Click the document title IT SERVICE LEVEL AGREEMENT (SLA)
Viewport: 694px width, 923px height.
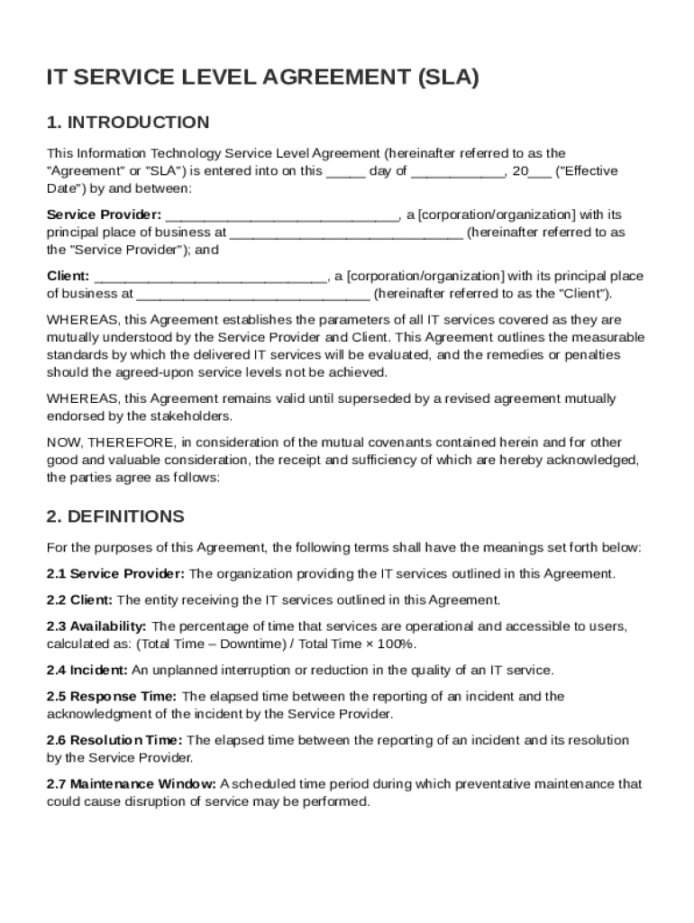tap(262, 78)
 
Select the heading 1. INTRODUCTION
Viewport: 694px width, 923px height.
tap(128, 123)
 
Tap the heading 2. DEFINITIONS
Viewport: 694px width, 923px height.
tap(115, 516)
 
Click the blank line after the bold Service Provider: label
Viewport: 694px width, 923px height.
tap(282, 216)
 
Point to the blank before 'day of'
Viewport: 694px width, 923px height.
tap(345, 172)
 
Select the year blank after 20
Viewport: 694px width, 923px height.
tap(540, 172)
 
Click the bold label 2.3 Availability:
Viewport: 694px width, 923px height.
tap(96, 626)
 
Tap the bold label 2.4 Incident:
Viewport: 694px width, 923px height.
tap(88, 670)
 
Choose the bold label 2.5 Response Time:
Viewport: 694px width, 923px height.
tap(113, 696)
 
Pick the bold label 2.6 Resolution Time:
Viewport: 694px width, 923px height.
tap(114, 740)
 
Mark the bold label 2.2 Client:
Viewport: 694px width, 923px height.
tap(80, 600)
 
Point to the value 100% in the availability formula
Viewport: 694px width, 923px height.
tap(397, 644)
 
